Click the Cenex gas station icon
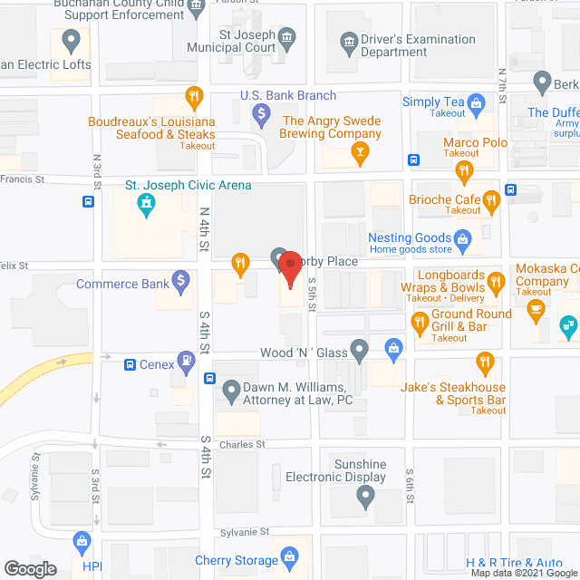pos(187,364)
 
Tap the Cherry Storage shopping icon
pos(289,556)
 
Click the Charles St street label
pos(242,445)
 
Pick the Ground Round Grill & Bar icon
pos(420,321)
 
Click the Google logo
pos(29,568)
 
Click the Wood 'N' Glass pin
pos(360,350)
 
